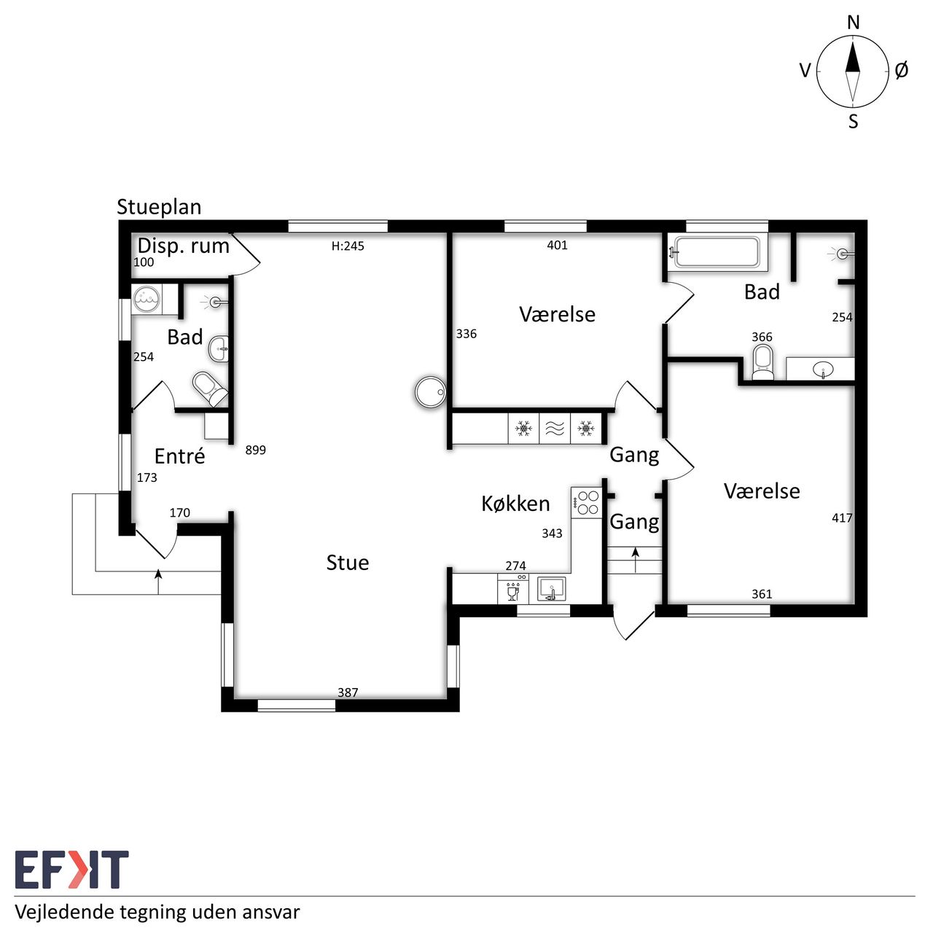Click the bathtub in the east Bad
point(717,251)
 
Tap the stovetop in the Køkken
point(587,502)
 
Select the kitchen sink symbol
point(552,589)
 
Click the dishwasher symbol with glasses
point(513,589)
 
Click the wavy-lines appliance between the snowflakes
point(555,429)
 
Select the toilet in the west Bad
point(209,389)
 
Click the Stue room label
point(348,563)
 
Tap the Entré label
point(179,456)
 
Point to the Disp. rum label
point(184,246)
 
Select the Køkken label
point(515,504)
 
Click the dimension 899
point(256,450)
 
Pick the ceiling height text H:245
point(348,246)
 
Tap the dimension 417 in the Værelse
point(842,518)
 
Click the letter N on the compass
point(853,23)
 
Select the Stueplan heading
point(159,207)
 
